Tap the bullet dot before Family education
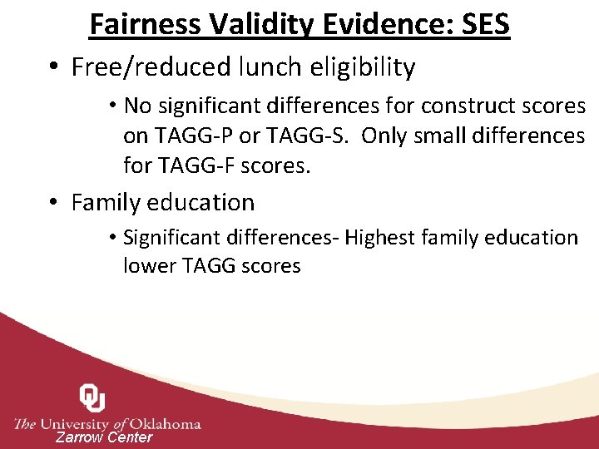pos(54,203)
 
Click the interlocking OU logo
pos(92,398)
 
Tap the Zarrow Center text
pos(104,437)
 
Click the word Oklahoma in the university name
pos(165,423)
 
